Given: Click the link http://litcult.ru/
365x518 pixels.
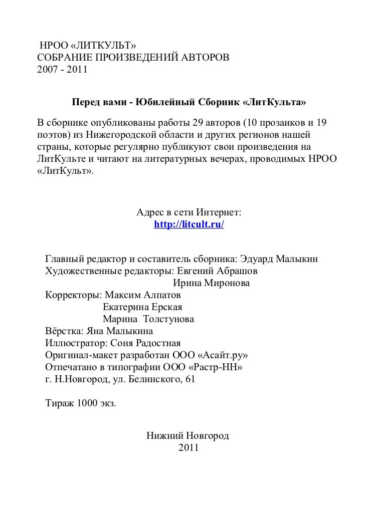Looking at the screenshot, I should [189, 225].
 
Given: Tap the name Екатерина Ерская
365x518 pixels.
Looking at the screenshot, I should [142, 307].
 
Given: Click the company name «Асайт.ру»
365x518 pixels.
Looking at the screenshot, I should [223, 355].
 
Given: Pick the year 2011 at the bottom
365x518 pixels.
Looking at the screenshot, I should [188, 447].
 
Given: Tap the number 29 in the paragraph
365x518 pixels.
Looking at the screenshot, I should [199, 123].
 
